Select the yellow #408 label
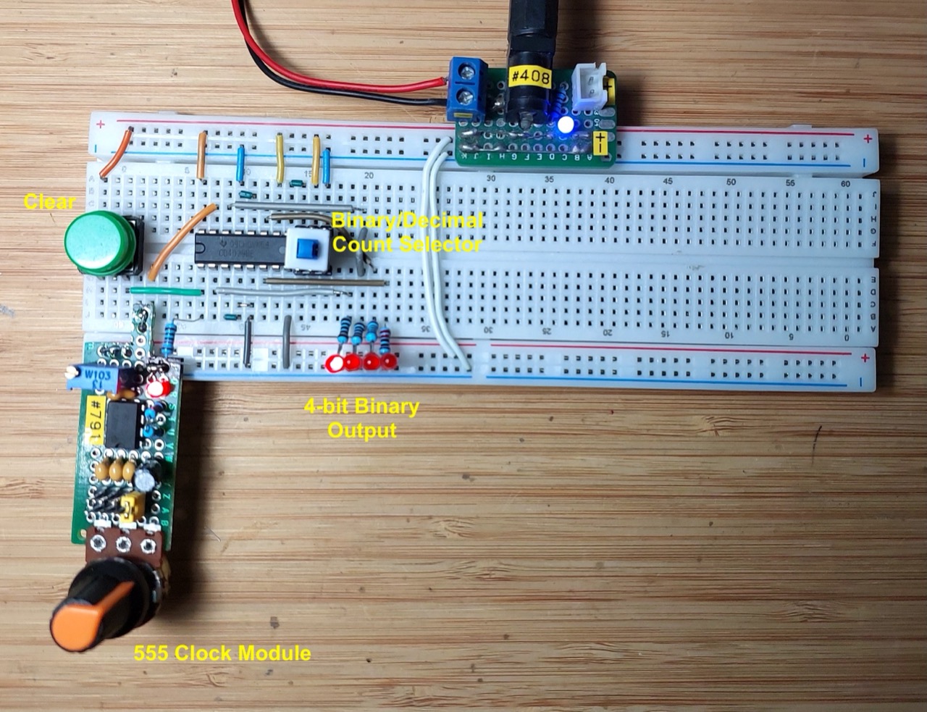pos(531,76)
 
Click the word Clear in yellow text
pos(49,201)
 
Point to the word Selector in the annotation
pos(440,244)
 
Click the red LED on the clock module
pos(156,389)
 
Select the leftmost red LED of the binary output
pos(335,362)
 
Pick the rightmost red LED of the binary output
pos(390,361)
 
